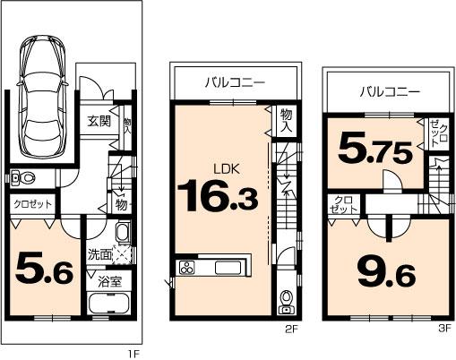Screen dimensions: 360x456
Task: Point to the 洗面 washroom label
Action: (x=99, y=254)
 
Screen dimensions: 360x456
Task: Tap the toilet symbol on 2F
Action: (x=286, y=298)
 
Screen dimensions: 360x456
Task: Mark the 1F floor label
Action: (x=133, y=353)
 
